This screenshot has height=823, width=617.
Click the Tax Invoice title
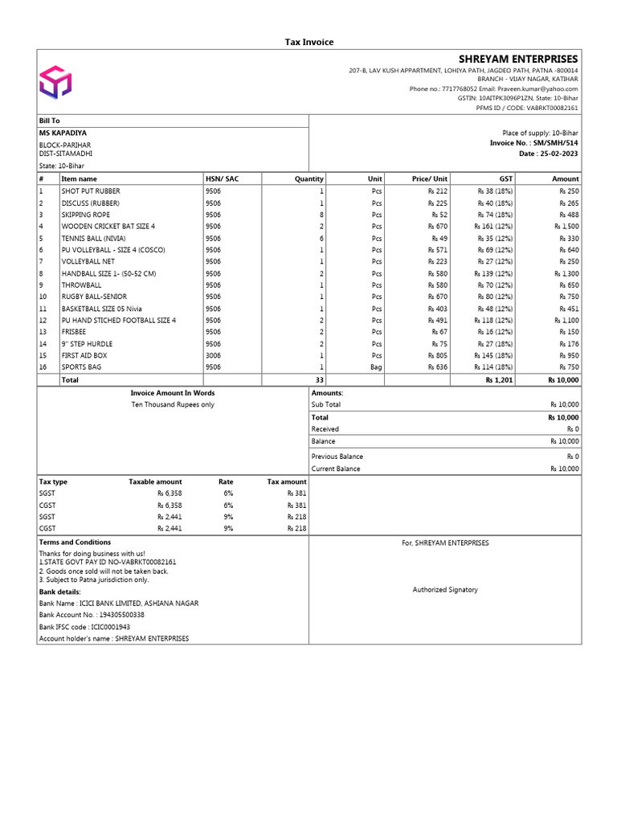(309, 42)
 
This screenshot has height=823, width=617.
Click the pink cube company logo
(55, 82)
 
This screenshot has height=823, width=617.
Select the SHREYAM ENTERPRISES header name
(517, 59)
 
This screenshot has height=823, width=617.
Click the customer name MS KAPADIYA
(63, 133)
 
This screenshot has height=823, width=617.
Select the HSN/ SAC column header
(222, 178)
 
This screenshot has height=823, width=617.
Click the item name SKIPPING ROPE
(86, 215)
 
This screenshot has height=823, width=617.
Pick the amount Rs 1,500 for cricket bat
(564, 227)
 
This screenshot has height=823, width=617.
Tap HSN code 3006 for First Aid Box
(213, 355)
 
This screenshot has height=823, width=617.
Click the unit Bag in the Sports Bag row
(375, 367)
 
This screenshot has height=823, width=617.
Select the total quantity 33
(319, 379)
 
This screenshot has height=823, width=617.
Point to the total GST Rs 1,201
(499, 379)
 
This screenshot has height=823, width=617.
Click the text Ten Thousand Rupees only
(173, 405)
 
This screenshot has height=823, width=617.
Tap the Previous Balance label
(337, 457)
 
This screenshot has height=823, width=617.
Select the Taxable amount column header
(155, 481)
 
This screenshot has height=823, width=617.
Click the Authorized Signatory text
(445, 590)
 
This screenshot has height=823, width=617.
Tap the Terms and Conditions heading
(75, 543)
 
